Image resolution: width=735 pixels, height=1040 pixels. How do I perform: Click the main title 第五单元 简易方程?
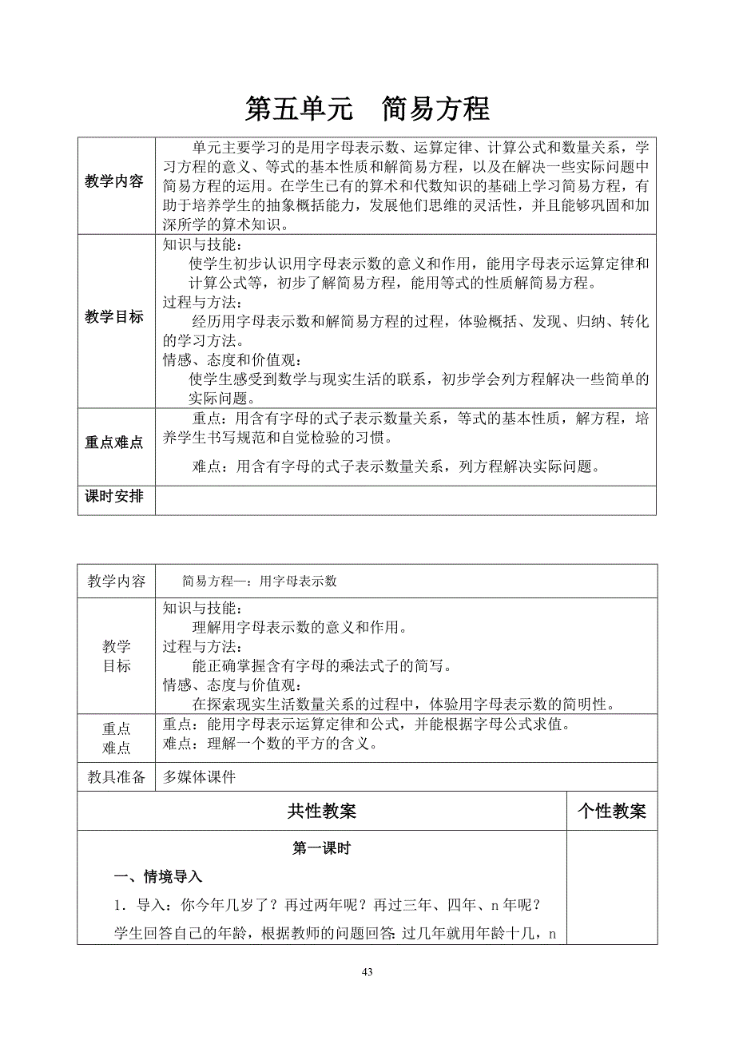tap(367, 109)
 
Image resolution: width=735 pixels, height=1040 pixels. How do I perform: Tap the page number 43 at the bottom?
tap(367, 972)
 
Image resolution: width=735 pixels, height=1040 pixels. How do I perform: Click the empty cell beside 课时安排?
tap(406, 499)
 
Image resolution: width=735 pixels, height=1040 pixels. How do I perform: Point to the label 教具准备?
tap(116, 777)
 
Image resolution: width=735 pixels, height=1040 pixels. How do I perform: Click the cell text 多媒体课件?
tap(199, 777)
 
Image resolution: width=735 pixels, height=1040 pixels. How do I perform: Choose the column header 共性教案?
tap(321, 812)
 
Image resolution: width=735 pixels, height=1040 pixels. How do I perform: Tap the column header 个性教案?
tap(611, 812)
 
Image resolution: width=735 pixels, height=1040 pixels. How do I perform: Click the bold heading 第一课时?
tap(321, 849)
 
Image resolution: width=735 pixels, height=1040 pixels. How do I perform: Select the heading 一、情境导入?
tap(158, 877)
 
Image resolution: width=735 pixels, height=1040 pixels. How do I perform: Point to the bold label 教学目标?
tap(115, 317)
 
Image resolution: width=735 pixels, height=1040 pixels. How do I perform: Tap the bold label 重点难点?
tap(115, 443)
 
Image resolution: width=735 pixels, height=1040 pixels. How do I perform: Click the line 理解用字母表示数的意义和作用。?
tap(300, 627)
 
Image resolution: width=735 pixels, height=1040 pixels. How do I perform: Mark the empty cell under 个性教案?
tap(611, 887)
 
